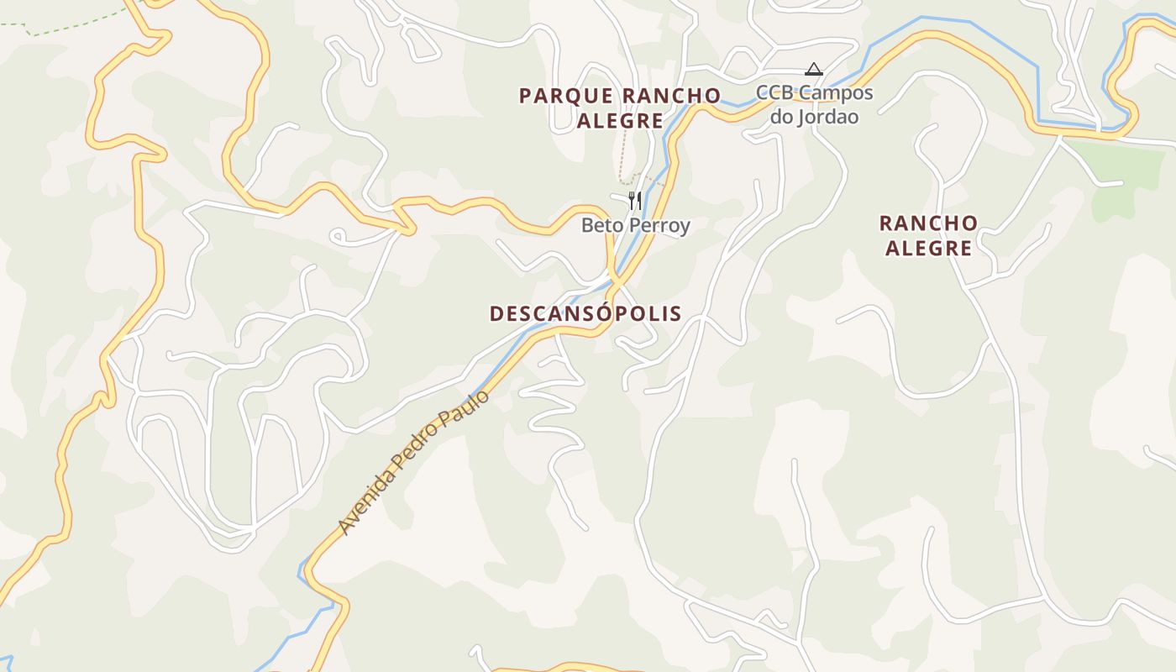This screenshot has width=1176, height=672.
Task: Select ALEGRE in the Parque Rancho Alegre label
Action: (x=620, y=121)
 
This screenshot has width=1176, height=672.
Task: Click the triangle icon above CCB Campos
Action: (x=813, y=69)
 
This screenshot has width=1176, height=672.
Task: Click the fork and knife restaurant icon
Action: (x=635, y=200)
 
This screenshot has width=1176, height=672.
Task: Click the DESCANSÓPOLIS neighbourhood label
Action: (x=585, y=314)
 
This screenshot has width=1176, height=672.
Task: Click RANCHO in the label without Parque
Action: (x=928, y=223)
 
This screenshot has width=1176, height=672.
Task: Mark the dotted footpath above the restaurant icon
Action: (x=622, y=160)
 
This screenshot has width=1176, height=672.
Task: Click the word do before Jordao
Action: (x=781, y=117)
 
